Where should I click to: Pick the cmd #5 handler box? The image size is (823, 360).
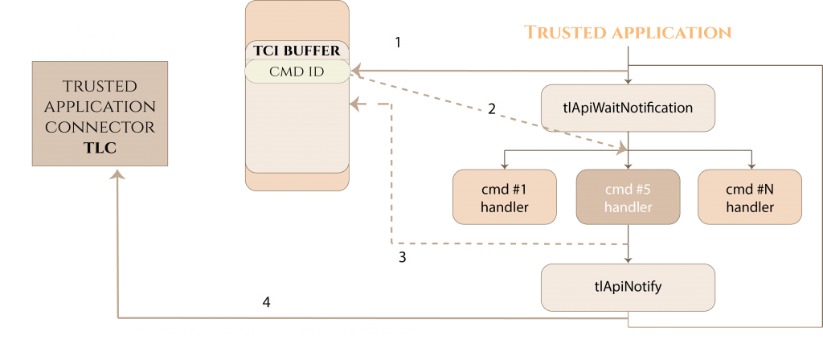[628, 198]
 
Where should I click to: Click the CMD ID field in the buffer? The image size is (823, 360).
[297, 72]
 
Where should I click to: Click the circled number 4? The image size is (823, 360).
[268, 303]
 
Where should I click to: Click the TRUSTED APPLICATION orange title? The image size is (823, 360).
[628, 32]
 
